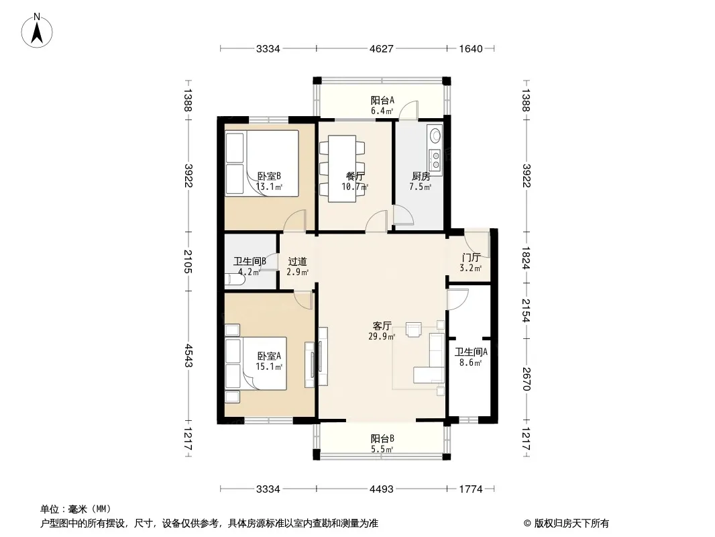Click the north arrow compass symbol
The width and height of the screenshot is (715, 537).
tap(37, 31)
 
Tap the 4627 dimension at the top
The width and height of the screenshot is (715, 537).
tap(381, 48)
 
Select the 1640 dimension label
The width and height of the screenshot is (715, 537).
tap(471, 48)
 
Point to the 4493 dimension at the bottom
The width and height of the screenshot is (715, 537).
tap(381, 489)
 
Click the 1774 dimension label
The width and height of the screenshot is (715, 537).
tap(471, 489)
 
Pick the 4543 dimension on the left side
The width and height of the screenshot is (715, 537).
tap(188, 355)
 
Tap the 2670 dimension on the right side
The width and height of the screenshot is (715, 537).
tap(526, 379)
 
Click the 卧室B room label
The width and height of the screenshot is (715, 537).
tap(269, 176)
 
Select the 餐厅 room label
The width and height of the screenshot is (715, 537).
tap(355, 176)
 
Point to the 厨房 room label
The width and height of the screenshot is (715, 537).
tap(421, 176)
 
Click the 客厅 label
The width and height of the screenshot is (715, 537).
tap(382, 326)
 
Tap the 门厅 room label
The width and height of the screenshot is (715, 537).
tap(471, 258)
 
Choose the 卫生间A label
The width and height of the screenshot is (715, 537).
tap(471, 352)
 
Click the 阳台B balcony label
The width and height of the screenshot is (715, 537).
tap(382, 439)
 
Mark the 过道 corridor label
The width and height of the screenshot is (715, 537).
tap(297, 262)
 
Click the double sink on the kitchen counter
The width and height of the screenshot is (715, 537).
tap(435, 159)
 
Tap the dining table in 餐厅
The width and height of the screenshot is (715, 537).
tap(342, 168)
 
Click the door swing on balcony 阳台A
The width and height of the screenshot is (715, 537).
tap(408, 110)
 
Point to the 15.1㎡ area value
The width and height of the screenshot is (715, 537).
tap(269, 367)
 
